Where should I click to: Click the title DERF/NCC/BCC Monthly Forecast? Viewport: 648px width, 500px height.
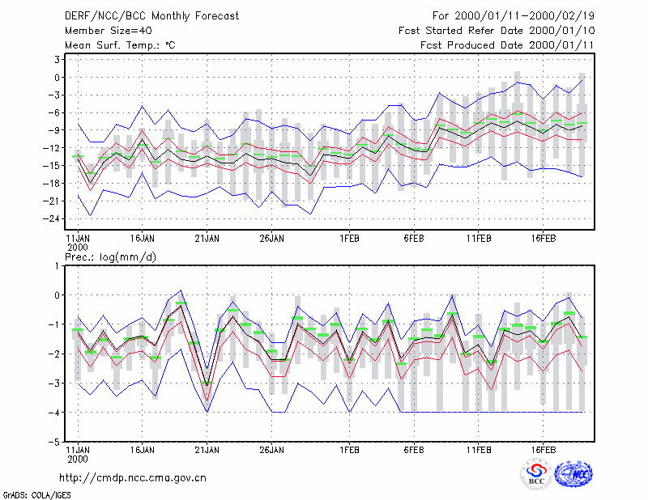(x=151, y=16)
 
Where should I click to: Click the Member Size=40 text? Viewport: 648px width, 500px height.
(x=109, y=31)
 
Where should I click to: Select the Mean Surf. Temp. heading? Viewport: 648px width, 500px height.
(x=120, y=45)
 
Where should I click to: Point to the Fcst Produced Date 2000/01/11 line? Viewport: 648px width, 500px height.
(x=508, y=45)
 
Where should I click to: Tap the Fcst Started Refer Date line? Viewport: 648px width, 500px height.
(x=497, y=31)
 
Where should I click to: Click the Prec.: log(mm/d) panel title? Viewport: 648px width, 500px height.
(x=110, y=257)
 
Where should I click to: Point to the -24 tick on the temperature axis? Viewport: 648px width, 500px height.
(x=52, y=218)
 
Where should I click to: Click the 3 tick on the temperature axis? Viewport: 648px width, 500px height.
(x=57, y=59)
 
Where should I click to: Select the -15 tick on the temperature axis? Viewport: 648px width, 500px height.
(x=52, y=166)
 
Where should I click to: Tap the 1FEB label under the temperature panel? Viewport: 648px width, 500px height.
(x=350, y=238)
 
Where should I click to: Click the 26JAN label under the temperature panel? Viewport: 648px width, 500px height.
(x=271, y=238)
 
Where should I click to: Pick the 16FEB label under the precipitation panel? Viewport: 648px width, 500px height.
(x=543, y=450)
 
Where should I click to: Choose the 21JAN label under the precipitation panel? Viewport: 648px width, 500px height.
(x=207, y=450)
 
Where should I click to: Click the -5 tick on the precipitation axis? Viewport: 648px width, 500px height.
(x=54, y=442)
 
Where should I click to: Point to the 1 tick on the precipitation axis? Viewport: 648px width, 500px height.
(x=57, y=266)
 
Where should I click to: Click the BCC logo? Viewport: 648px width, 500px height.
(x=536, y=475)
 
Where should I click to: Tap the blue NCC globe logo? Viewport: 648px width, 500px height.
(x=573, y=474)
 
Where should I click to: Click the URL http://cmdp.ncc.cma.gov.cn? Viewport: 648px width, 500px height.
(x=133, y=478)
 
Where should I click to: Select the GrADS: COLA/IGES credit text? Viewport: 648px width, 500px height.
(x=37, y=495)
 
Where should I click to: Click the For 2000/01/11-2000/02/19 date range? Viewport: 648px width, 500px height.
(x=514, y=16)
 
